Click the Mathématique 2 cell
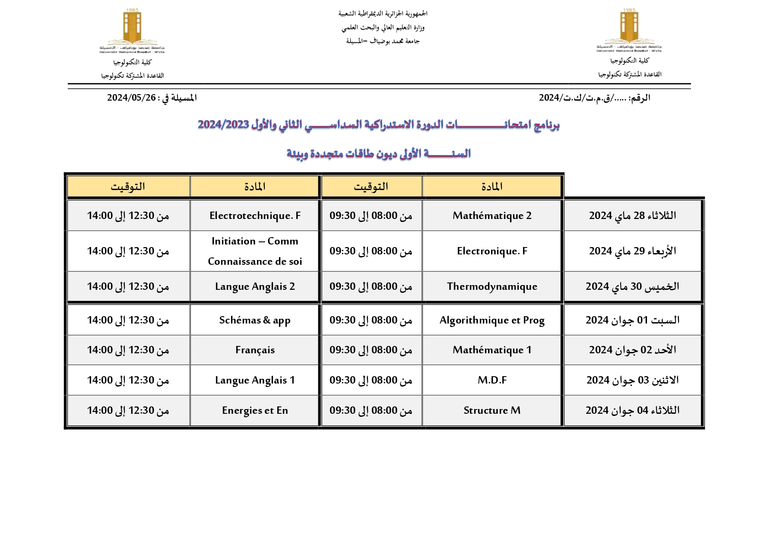click(492, 216)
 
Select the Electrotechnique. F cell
click(255, 216)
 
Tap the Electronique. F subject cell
click(492, 251)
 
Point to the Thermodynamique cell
click(492, 286)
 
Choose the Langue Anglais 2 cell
click(255, 286)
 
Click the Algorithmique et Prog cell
click(492, 320)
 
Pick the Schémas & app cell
click(255, 320)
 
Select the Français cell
click(255, 350)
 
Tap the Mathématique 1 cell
click(492, 350)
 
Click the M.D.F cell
click(492, 380)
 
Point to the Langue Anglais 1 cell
click(255, 380)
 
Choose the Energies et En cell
click(255, 410)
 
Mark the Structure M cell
click(492, 410)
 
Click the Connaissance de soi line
click(255, 261)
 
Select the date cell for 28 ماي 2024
click(632, 216)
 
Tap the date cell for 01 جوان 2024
click(632, 320)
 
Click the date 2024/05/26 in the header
click(131, 98)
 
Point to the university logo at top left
click(132, 30)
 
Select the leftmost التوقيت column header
click(128, 187)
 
